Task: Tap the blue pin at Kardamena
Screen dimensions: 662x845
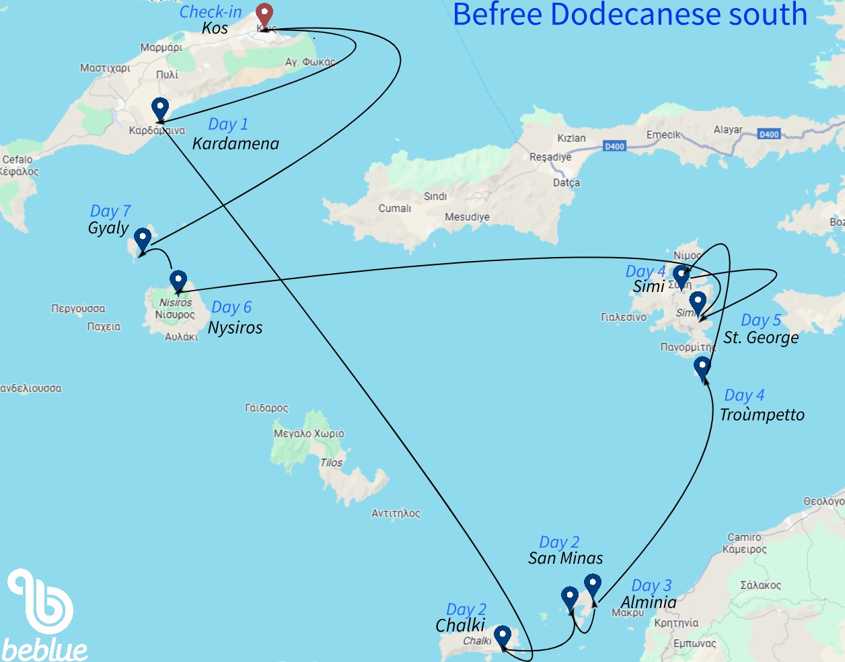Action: [159, 108]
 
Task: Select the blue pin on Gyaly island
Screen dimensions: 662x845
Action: [143, 239]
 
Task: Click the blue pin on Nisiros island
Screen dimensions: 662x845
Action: [178, 281]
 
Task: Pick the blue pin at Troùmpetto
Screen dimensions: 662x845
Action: [702, 368]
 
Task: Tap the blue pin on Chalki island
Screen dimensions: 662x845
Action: [503, 635]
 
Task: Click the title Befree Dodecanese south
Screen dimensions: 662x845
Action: [630, 15]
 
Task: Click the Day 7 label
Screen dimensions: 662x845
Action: [110, 211]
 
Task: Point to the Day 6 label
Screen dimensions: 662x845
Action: [231, 307]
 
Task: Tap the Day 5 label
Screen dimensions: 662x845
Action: [761, 320]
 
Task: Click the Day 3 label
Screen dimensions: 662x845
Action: [651, 586]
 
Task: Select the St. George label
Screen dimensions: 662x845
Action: [761, 338]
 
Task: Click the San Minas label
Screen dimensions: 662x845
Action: [565, 558]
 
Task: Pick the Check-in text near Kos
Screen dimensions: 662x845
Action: [211, 12]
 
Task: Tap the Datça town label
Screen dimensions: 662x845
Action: [566, 183]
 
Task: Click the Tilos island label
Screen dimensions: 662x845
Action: [331, 463]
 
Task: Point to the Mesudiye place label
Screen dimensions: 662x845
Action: [467, 217]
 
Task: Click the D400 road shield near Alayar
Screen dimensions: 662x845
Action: [769, 135]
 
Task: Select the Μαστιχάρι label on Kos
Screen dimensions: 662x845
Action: [105, 68]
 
